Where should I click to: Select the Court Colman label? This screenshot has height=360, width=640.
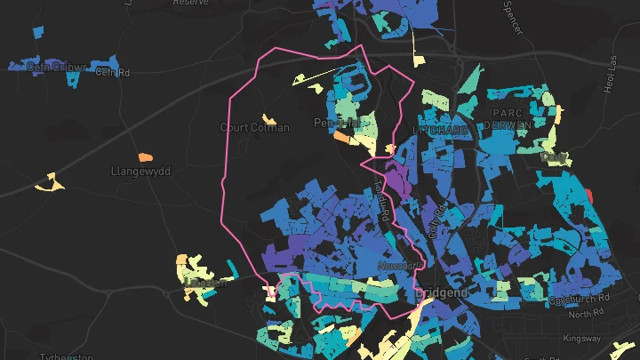click(254, 128)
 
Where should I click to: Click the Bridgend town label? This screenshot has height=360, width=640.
click(441, 292)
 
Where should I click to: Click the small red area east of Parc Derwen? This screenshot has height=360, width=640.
click(588, 194)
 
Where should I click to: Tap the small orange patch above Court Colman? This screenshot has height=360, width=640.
click(269, 118)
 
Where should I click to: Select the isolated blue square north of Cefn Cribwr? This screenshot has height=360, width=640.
click(36, 33)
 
